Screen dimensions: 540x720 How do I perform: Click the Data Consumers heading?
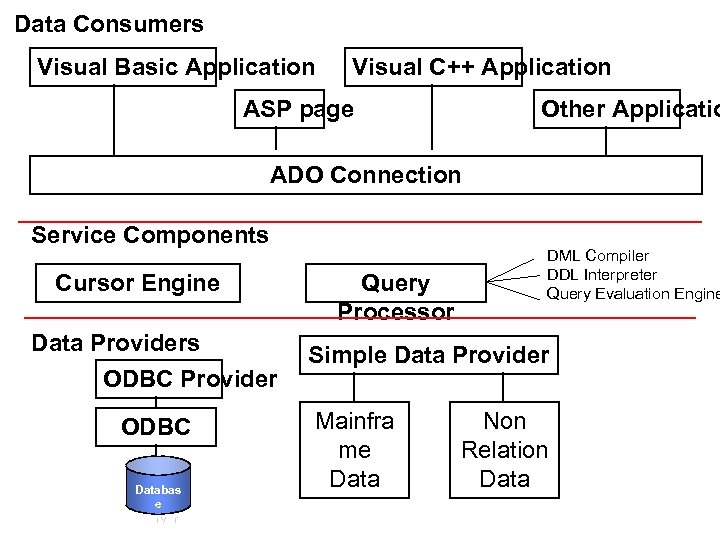point(109,24)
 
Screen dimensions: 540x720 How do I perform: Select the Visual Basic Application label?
point(175,68)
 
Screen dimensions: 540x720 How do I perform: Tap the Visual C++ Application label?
point(481,68)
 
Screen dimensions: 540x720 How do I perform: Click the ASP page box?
point(298,110)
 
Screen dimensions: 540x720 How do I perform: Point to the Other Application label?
point(628,110)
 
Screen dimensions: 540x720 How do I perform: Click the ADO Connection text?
point(365,175)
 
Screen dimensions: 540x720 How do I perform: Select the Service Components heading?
point(150,235)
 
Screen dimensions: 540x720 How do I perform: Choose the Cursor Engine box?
point(137,283)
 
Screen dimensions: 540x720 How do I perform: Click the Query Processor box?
point(395,284)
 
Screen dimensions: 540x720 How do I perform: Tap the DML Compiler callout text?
point(597,256)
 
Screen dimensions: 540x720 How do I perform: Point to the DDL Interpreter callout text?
point(601,275)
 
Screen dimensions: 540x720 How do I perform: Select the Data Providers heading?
point(115,343)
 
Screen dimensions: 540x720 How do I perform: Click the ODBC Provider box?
point(189,379)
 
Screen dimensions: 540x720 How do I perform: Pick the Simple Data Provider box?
point(428,355)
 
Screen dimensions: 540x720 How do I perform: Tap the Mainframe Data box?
point(354,450)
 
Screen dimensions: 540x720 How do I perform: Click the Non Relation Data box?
point(504,450)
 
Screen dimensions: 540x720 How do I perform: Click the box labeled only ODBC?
point(155,428)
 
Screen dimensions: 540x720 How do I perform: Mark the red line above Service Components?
point(360,221)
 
